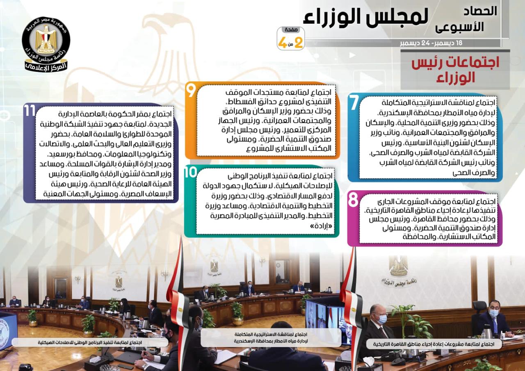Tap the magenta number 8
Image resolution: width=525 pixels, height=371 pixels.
[x=353, y=199]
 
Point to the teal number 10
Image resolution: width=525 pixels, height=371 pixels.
[x=190, y=173]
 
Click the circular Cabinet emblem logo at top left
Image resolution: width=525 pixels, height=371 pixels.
[x=46, y=40]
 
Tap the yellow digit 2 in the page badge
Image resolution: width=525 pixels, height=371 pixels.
[x=298, y=42]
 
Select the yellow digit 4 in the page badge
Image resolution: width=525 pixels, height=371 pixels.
[x=283, y=43]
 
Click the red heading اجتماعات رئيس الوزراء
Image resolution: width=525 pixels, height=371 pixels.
[x=455, y=70]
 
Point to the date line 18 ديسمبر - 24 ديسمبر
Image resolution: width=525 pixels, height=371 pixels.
[x=431, y=43]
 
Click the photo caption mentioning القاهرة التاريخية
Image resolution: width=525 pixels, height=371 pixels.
[x=434, y=344]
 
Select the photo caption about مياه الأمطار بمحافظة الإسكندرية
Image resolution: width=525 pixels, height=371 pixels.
[x=271, y=337]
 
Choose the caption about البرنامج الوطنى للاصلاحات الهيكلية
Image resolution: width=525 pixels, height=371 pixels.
[x=90, y=342]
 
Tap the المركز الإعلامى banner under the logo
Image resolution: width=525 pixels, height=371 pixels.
[x=46, y=66]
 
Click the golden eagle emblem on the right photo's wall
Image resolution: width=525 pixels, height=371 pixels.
[x=398, y=265]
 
